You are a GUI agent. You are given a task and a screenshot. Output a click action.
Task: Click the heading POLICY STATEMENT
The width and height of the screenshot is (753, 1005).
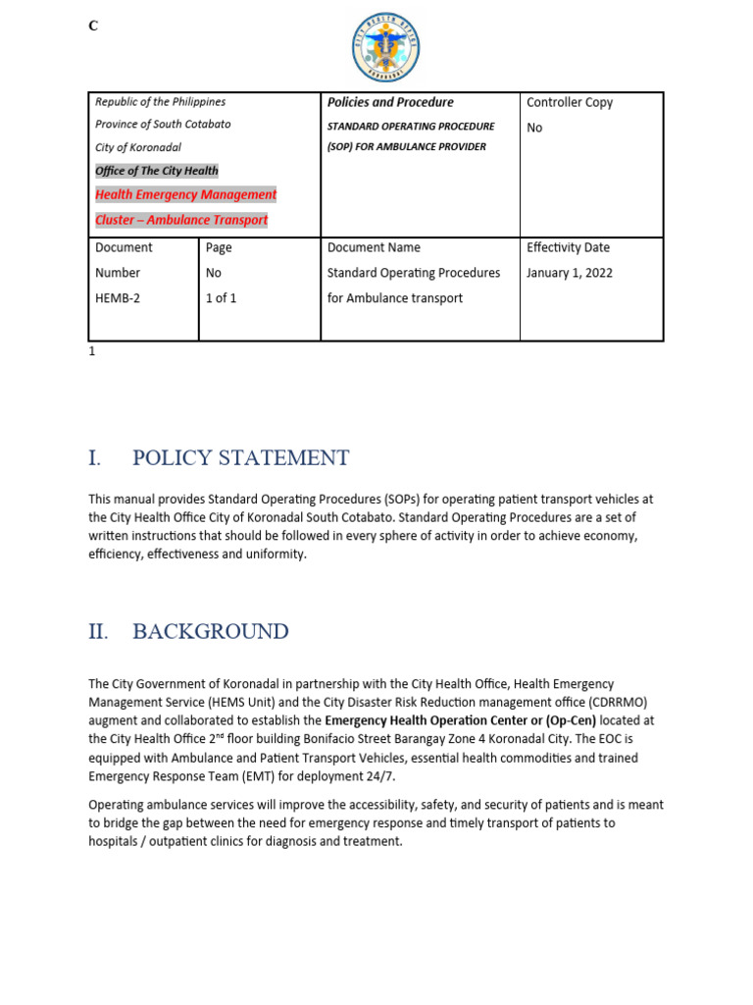click(x=240, y=458)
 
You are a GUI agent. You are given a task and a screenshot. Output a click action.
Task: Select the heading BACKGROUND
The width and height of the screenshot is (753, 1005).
click(x=210, y=632)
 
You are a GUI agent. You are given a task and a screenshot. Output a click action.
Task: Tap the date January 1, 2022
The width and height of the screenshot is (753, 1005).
click(x=569, y=273)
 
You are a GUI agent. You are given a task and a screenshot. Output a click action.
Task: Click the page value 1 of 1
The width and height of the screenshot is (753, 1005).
click(x=221, y=298)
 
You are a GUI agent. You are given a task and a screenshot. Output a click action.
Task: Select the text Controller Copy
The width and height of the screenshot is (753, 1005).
click(x=570, y=102)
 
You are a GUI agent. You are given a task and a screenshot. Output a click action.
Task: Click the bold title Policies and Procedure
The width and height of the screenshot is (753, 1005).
click(x=390, y=102)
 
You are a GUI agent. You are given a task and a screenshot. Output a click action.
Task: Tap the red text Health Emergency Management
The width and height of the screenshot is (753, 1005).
click(x=185, y=194)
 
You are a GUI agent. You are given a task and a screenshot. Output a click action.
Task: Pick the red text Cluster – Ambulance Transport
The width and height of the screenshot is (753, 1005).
click(x=181, y=220)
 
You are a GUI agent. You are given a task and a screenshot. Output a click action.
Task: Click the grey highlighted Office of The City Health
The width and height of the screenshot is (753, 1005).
click(x=157, y=171)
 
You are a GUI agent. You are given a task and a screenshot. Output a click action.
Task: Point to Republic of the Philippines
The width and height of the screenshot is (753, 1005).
click(x=160, y=102)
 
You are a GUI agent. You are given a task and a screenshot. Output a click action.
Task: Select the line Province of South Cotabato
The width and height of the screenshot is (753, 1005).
click(x=163, y=125)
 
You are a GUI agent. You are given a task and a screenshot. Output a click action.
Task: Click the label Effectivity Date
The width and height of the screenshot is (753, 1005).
click(x=568, y=247)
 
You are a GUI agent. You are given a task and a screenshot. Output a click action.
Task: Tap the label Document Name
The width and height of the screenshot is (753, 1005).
click(x=374, y=247)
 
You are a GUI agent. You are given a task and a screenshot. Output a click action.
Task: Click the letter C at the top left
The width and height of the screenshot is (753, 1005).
click(x=93, y=26)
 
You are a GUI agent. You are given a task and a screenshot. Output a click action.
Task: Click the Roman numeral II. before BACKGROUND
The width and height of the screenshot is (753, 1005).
click(x=98, y=632)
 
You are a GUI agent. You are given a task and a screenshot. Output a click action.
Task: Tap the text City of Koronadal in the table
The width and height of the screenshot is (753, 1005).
click(x=138, y=147)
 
